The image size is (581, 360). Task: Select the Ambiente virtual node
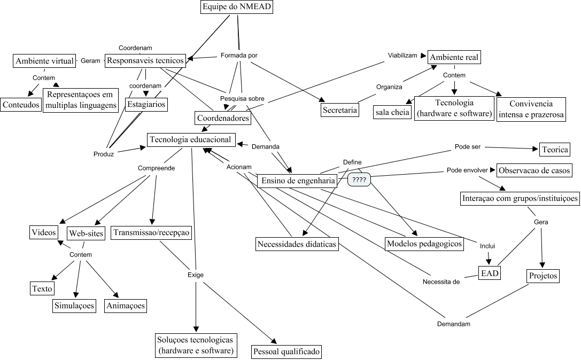tap(44, 61)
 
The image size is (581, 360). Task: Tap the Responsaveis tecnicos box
tap(145, 60)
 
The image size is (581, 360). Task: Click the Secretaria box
tap(340, 110)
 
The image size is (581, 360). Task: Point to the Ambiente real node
tap(455, 57)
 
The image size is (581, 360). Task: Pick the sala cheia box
tap(392, 112)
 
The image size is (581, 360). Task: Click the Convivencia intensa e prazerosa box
tap(531, 109)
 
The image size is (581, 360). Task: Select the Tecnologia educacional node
tap(191, 139)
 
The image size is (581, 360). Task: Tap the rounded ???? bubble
tap(359, 180)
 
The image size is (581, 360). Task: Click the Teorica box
tap(555, 149)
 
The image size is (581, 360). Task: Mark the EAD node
tap(490, 273)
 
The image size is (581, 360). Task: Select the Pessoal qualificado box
tap(286, 351)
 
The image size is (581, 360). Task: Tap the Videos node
tap(44, 232)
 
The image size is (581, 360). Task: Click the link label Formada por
tap(239, 55)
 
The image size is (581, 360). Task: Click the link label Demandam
tap(453, 324)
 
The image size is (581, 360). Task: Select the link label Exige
tap(195, 275)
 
